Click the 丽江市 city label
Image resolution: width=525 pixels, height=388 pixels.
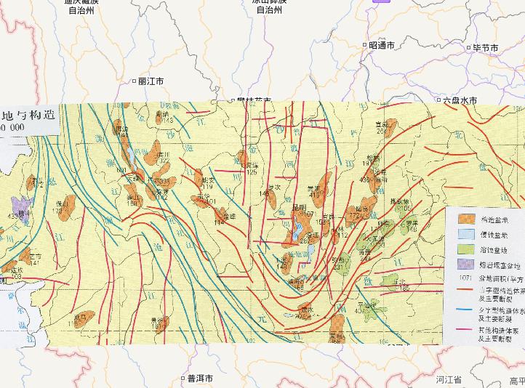(x=151, y=81)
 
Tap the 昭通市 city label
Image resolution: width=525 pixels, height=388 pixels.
(x=381, y=45)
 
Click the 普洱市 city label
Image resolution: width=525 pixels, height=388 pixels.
(x=199, y=378)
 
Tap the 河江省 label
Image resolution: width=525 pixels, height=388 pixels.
(x=449, y=379)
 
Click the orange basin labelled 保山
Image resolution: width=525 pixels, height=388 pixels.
(x=67, y=206)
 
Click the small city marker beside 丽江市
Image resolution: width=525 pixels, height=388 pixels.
(x=134, y=81)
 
